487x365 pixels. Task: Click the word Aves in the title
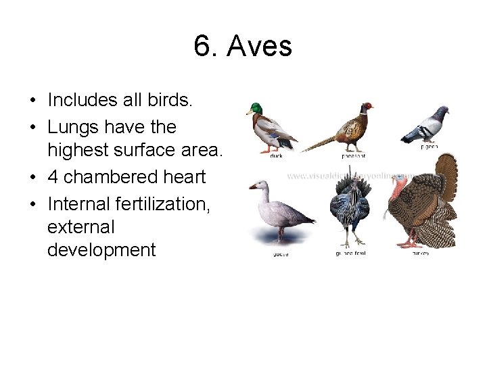pyautogui.click(x=260, y=47)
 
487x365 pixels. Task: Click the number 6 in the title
pyautogui.click(x=202, y=47)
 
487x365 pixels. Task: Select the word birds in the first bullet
pyautogui.click(x=171, y=101)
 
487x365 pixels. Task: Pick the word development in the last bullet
pyautogui.click(x=101, y=250)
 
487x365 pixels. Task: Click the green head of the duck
pyautogui.click(x=255, y=108)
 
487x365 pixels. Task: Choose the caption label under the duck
pyautogui.click(x=276, y=155)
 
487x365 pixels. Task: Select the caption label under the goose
pyautogui.click(x=280, y=254)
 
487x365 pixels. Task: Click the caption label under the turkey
pyautogui.click(x=419, y=253)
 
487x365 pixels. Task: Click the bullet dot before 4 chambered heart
pyautogui.click(x=32, y=178)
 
